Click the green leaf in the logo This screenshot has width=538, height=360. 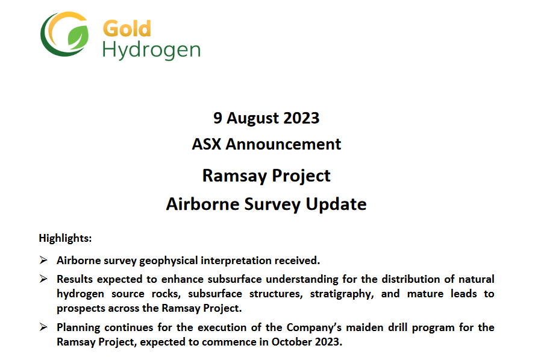77,38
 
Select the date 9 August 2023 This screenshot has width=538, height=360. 266,118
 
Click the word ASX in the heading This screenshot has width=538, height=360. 207,145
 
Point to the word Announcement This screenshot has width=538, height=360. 283,145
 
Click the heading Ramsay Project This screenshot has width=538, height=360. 266,175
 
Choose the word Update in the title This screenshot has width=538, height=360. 336,204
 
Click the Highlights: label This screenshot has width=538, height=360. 65,238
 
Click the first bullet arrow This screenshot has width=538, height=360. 43,261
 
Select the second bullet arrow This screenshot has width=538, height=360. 43,279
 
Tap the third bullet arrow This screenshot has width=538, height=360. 43,327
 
